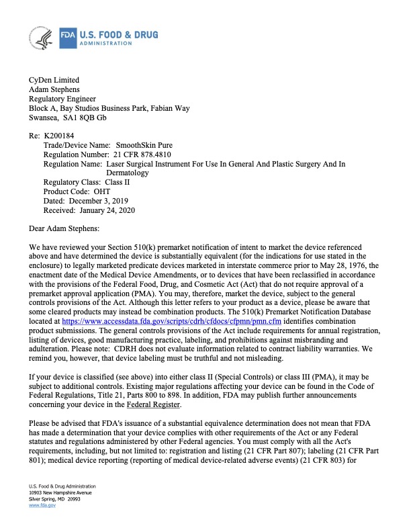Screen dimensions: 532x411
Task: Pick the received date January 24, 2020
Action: coord(106,210)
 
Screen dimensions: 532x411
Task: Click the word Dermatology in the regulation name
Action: coord(130,173)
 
